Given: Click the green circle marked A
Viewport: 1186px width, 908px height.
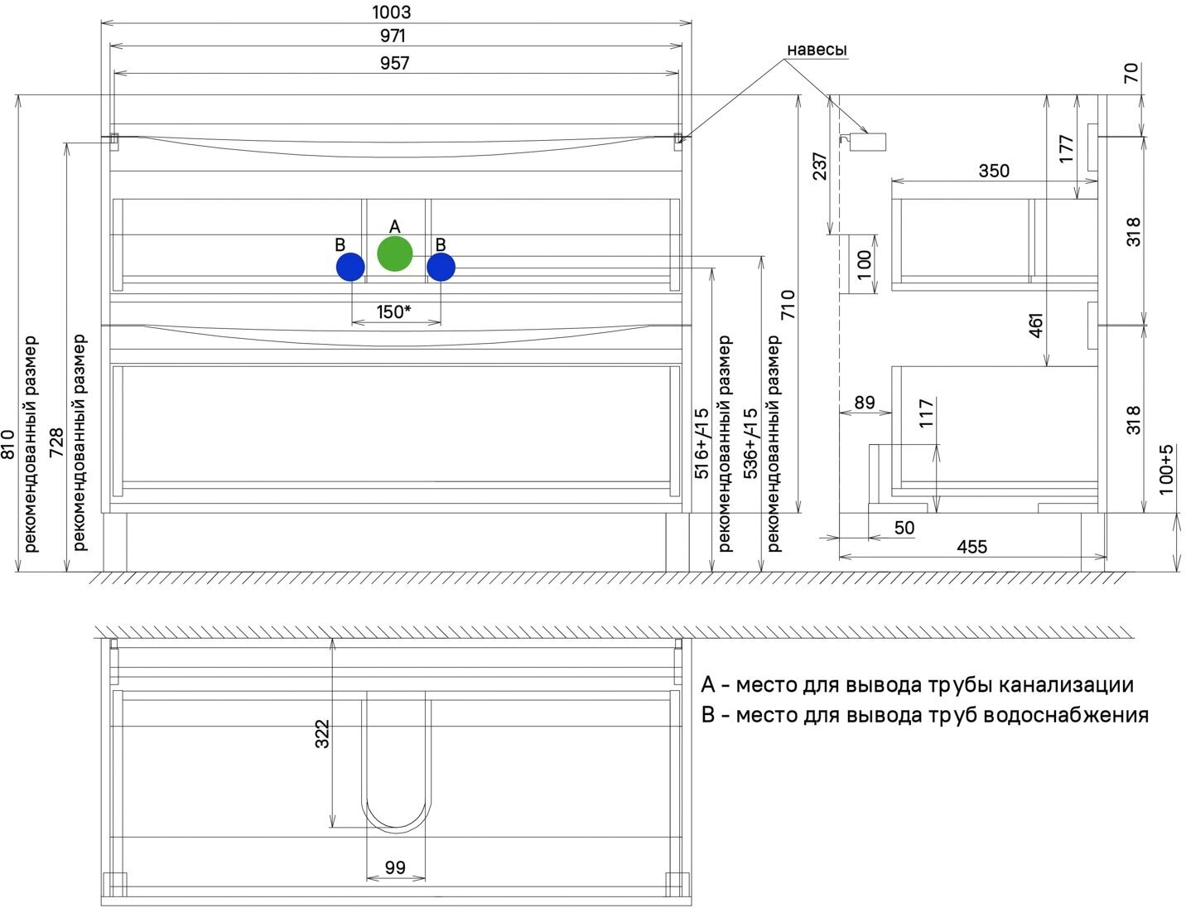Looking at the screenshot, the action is click(x=394, y=254).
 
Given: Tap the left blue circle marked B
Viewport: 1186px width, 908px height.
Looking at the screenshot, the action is click(x=350, y=267).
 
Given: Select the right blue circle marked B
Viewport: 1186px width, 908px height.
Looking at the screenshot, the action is click(x=441, y=267).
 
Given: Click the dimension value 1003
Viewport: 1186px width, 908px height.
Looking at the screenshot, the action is click(x=392, y=12).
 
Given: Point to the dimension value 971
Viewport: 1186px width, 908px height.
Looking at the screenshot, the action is click(x=393, y=36).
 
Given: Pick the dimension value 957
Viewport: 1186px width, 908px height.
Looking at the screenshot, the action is click(x=394, y=63).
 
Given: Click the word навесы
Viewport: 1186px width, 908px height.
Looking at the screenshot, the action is click(x=817, y=51).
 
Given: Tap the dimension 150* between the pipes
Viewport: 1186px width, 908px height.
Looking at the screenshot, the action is click(x=394, y=312).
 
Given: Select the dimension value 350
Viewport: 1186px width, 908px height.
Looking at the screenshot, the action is click(x=994, y=171).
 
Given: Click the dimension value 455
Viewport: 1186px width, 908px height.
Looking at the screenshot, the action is click(x=971, y=547).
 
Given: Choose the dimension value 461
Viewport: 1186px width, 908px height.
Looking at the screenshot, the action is click(x=1036, y=324).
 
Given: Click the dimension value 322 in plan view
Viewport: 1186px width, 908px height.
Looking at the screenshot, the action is click(x=322, y=734).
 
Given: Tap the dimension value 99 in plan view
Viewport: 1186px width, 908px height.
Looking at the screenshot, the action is click(x=395, y=867).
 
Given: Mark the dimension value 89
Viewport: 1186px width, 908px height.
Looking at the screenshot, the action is click(x=864, y=403).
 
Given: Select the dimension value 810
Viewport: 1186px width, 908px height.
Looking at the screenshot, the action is click(x=8, y=445).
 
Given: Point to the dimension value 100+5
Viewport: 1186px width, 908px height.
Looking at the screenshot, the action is click(x=1166, y=470).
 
